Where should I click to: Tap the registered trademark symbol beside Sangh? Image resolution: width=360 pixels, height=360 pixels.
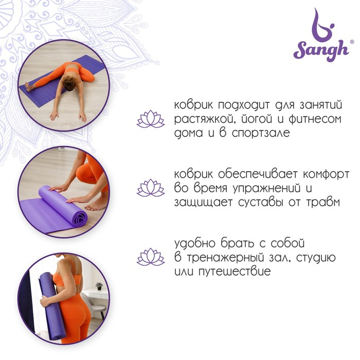351,42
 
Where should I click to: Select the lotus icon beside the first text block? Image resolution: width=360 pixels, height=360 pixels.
151,119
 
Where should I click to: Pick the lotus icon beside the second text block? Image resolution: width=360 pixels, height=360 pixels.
151,188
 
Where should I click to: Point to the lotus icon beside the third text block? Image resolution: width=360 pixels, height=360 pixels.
151,257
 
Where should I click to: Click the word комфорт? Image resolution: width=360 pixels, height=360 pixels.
326,174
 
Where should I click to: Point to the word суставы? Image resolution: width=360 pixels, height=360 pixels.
261,203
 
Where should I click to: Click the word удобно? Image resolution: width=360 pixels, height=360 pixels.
195,244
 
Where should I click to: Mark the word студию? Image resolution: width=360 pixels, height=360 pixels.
316,258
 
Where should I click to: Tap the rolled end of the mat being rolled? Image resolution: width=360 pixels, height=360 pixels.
79,219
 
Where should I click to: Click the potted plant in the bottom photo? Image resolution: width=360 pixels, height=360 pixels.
99,286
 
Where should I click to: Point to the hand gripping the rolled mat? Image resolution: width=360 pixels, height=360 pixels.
45,302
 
